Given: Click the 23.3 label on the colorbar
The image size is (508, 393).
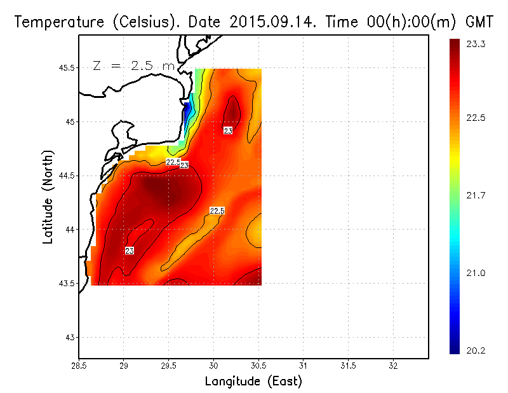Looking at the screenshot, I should coord(475,44).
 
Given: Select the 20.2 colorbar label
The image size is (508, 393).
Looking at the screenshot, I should coord(475,349).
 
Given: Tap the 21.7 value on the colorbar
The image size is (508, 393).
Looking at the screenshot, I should coord(475,195).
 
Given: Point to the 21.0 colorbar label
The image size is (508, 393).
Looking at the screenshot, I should coord(475,273).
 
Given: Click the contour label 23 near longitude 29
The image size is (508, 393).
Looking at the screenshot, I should coord(130,251).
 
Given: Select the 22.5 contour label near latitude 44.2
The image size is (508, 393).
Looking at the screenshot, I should coord(217,210).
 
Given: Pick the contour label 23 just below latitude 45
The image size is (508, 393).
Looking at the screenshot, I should coord(228,130).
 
